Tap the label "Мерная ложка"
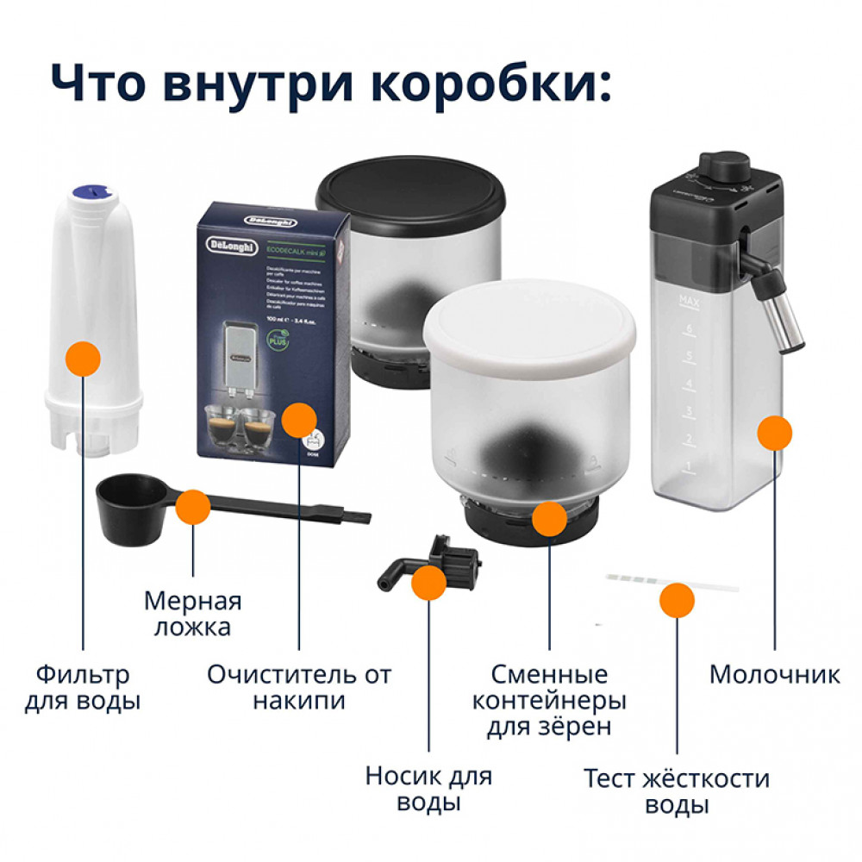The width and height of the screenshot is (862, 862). point(192,613)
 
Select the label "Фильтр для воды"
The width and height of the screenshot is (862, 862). point(83,687)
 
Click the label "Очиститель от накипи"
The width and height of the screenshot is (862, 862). point(299,687)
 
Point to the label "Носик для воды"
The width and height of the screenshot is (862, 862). point(428,789)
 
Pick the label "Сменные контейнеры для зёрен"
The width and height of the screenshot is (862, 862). point(549,700)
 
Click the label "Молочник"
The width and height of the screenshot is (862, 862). point(774,674)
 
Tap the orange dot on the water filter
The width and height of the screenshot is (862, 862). point(83,358)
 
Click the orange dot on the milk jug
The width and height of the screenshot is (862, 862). point(774,433)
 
